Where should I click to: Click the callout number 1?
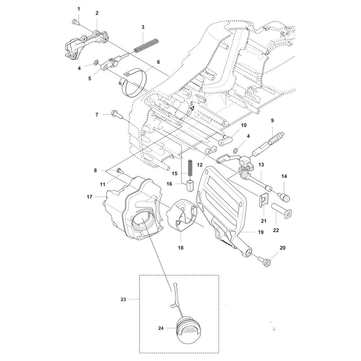pos(79,8)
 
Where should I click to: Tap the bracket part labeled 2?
pos(87,45)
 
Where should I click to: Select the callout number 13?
pos(261,164)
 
